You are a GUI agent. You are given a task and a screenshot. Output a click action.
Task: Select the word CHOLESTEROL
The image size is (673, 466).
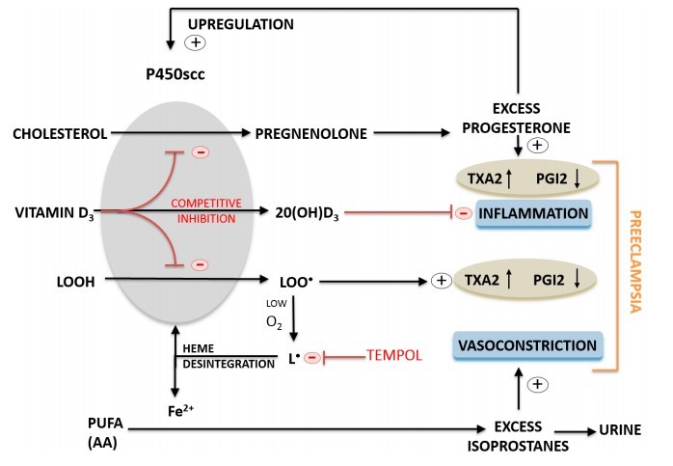[x=58, y=134]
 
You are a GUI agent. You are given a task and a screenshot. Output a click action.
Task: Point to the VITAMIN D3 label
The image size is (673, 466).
[x=53, y=210]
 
